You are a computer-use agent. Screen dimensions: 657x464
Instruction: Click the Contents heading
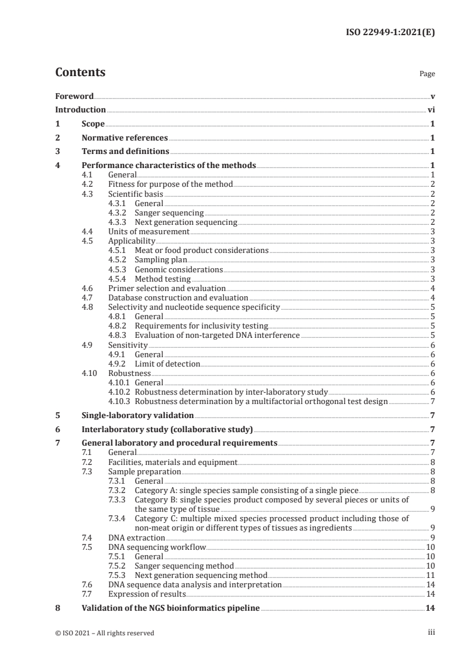pyautogui.click(x=80, y=73)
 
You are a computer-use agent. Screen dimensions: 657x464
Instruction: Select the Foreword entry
pyautogui.click(x=74, y=96)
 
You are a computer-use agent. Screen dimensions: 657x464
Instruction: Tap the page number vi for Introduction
pyautogui.click(x=431, y=109)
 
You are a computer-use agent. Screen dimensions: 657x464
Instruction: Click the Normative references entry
pyautogui.click(x=125, y=138)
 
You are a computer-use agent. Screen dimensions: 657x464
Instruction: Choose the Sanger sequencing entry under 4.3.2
pyautogui.click(x=169, y=213)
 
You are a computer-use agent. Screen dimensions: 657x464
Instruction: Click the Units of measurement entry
pyautogui.click(x=149, y=231)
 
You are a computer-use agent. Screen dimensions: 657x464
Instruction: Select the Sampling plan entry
pyautogui.click(x=161, y=260)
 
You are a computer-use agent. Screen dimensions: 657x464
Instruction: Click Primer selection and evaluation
pyautogui.click(x=167, y=288)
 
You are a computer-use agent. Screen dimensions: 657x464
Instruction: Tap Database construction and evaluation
pyautogui.click(x=178, y=297)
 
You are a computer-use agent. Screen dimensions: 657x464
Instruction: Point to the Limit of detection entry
pyautogui.click(x=167, y=364)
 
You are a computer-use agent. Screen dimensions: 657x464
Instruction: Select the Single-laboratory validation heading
pyautogui.click(x=138, y=415)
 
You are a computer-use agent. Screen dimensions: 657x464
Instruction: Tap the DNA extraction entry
pyautogui.click(x=136, y=537)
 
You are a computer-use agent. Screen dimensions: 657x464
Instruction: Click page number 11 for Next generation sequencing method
pyautogui.click(x=430, y=575)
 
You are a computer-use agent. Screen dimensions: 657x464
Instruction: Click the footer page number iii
pyautogui.click(x=431, y=632)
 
